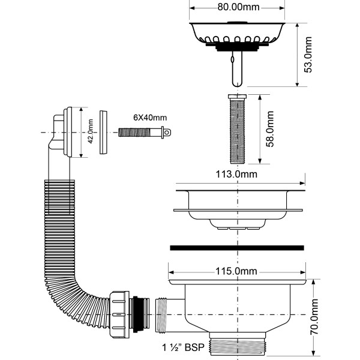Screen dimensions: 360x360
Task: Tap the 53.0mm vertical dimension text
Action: click(x=308, y=55)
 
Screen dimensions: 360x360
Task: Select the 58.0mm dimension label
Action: click(x=271, y=128)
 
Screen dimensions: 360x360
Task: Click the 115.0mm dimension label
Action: click(x=238, y=271)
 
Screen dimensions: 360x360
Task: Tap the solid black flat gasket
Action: click(x=238, y=247)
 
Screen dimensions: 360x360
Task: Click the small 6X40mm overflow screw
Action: click(x=145, y=131)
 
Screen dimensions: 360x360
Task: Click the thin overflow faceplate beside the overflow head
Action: click(x=103, y=132)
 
